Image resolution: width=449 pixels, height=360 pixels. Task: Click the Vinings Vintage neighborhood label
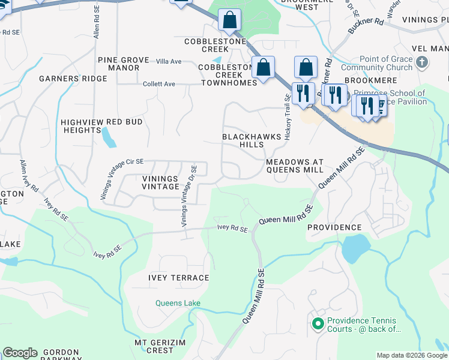160,183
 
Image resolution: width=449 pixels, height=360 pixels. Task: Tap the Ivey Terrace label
178,278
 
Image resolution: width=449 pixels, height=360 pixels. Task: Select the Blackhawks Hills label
252,141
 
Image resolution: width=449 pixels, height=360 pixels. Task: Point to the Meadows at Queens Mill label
295,166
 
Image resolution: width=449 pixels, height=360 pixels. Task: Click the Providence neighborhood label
334,228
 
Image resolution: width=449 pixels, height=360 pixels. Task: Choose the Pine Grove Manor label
119,64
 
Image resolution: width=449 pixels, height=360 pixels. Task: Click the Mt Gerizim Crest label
161,346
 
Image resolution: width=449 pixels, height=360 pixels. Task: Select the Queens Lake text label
178,303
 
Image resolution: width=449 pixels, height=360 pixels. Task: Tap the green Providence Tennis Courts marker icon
318,325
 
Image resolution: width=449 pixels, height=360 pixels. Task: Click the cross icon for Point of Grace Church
423,62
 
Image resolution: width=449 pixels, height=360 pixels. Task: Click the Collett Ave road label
159,84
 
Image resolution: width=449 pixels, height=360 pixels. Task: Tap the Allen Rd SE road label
96,23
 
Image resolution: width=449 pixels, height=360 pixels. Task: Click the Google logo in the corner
20,353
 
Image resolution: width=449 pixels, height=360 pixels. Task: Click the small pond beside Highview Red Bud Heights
109,137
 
